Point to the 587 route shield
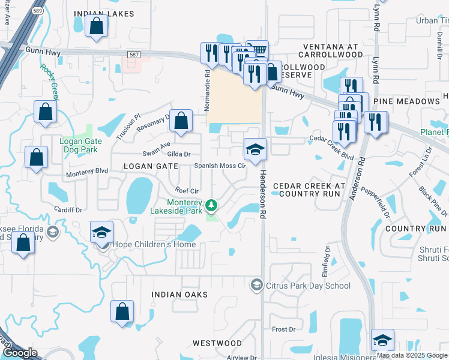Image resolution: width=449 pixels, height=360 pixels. click(134, 54)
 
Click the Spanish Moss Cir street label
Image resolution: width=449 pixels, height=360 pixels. click(220, 166)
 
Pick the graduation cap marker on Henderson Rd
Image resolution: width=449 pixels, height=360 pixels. click(255, 149)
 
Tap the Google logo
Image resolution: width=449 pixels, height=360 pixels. click(20, 353)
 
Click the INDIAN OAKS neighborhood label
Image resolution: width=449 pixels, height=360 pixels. click(179, 295)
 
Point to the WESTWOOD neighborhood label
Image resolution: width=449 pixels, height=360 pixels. click(217, 343)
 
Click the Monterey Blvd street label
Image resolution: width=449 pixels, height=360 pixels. click(86, 171)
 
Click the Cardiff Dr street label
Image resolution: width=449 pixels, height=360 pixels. click(67, 210)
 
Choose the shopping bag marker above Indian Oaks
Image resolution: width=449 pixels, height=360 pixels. click(122, 311)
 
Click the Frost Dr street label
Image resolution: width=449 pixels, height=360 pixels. click(284, 329)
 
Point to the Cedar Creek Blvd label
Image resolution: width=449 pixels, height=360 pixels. click(331, 148)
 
